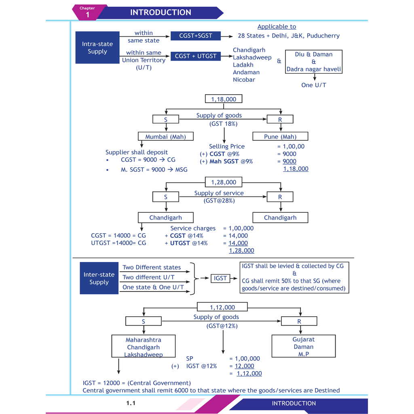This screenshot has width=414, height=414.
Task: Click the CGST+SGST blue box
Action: click(x=196, y=36)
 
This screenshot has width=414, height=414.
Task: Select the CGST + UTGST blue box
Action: click(x=196, y=56)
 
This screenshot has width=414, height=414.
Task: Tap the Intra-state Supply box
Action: click(x=97, y=48)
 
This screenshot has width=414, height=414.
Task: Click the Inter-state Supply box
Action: click(x=99, y=278)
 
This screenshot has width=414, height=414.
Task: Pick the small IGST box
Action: click(x=220, y=278)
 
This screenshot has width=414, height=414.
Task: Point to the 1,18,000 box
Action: click(x=224, y=99)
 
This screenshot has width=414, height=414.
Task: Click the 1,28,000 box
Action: click(x=224, y=182)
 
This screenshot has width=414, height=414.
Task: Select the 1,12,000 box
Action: click(x=222, y=307)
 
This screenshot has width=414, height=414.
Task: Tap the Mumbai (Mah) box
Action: click(x=166, y=137)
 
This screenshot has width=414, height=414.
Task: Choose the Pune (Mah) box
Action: click(x=280, y=137)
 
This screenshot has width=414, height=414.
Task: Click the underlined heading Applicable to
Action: click(x=277, y=27)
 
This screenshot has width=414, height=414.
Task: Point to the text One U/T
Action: click(x=314, y=85)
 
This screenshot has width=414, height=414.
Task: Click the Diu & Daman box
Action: click(x=314, y=62)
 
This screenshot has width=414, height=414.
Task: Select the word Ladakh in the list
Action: click(x=243, y=65)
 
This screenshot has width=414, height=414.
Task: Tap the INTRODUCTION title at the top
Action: click(x=161, y=13)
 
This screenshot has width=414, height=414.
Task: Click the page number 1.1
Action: click(x=131, y=403)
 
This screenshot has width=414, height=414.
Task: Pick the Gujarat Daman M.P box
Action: click(x=304, y=346)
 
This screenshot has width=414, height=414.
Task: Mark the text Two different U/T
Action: click(x=148, y=277)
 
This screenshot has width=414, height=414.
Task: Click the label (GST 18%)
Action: click(x=224, y=124)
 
